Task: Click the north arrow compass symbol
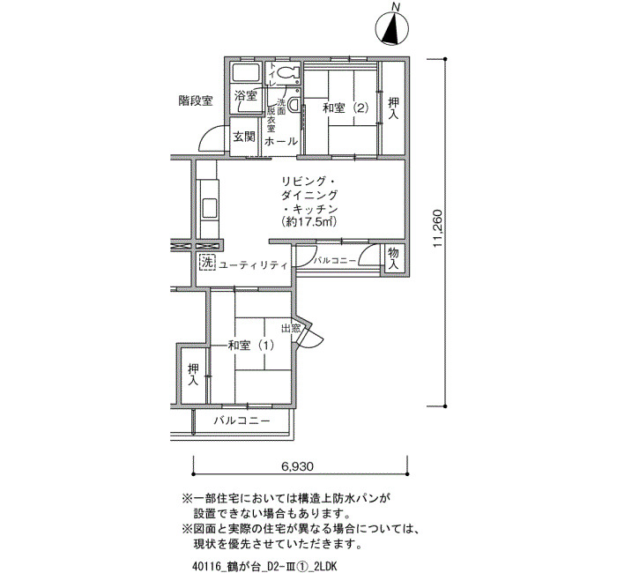[392, 28]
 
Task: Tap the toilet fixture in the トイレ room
[288, 72]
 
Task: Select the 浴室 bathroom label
[246, 95]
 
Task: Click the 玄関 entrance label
[244, 137]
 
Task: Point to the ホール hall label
[281, 141]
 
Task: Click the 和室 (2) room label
[346, 108]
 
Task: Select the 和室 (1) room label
[251, 346]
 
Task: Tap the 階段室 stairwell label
[196, 101]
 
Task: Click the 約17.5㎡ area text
[309, 221]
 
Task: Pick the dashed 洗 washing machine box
[207, 263]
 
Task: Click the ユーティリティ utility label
[253, 265]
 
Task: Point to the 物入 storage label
[393, 258]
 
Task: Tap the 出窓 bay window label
[291, 328]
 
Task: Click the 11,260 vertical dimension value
[438, 228]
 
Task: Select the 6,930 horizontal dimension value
[298, 466]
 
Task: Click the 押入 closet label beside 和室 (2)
[393, 108]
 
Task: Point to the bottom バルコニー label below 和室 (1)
[242, 420]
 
